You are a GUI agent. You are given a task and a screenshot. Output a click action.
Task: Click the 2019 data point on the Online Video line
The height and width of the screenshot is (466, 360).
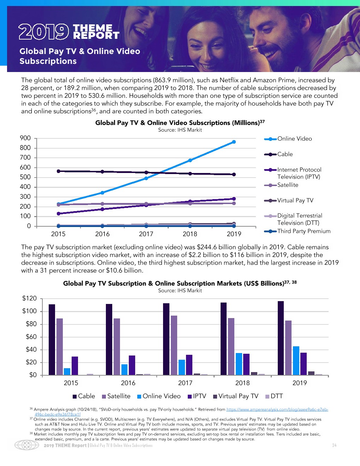point(234,142)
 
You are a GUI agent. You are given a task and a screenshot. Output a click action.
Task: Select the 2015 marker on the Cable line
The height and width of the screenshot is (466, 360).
point(58,171)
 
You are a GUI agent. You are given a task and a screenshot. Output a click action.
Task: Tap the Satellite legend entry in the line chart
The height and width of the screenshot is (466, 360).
point(288,185)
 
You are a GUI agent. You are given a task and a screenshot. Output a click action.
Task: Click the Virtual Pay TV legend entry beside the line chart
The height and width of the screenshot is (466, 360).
point(295,201)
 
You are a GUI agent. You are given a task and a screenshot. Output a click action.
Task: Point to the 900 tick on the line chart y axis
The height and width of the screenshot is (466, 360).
point(25,138)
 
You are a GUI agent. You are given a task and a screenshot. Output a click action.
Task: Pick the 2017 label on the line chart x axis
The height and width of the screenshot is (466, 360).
point(146,234)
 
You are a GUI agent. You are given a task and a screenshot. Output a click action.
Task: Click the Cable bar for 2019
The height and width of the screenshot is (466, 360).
point(281,338)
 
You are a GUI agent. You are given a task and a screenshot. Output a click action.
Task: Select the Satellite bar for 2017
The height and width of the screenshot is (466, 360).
point(174,345)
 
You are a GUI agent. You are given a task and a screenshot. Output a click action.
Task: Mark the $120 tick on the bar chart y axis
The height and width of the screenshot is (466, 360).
point(30,299)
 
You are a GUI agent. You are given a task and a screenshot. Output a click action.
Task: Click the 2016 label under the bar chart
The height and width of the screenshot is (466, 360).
point(128,383)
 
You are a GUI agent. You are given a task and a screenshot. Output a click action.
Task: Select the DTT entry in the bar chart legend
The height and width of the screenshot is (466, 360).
point(277,396)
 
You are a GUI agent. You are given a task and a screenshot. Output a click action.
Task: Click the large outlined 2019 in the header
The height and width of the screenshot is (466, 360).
point(44,32)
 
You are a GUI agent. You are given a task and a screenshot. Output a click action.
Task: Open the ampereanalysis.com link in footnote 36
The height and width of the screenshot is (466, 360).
point(277,410)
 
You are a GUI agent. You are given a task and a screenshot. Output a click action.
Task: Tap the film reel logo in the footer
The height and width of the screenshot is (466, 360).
point(27,445)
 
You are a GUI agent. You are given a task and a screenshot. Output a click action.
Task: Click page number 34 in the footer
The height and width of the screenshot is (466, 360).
point(334,446)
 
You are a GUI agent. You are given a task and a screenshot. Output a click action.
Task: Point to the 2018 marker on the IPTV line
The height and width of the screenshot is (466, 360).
point(190,202)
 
